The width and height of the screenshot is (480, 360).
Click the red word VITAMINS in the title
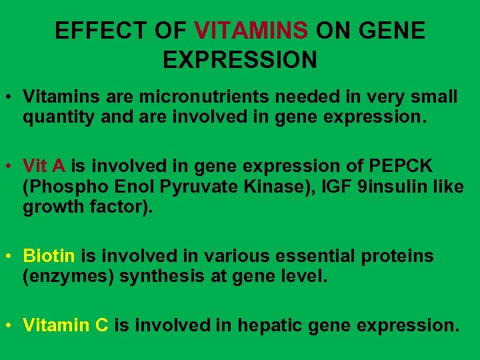[252, 31]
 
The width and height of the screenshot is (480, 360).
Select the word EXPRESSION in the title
[240, 60]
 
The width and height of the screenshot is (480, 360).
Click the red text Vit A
[45, 165]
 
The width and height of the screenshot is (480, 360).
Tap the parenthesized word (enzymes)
[68, 277]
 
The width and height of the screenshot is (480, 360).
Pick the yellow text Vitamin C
[65, 325]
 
